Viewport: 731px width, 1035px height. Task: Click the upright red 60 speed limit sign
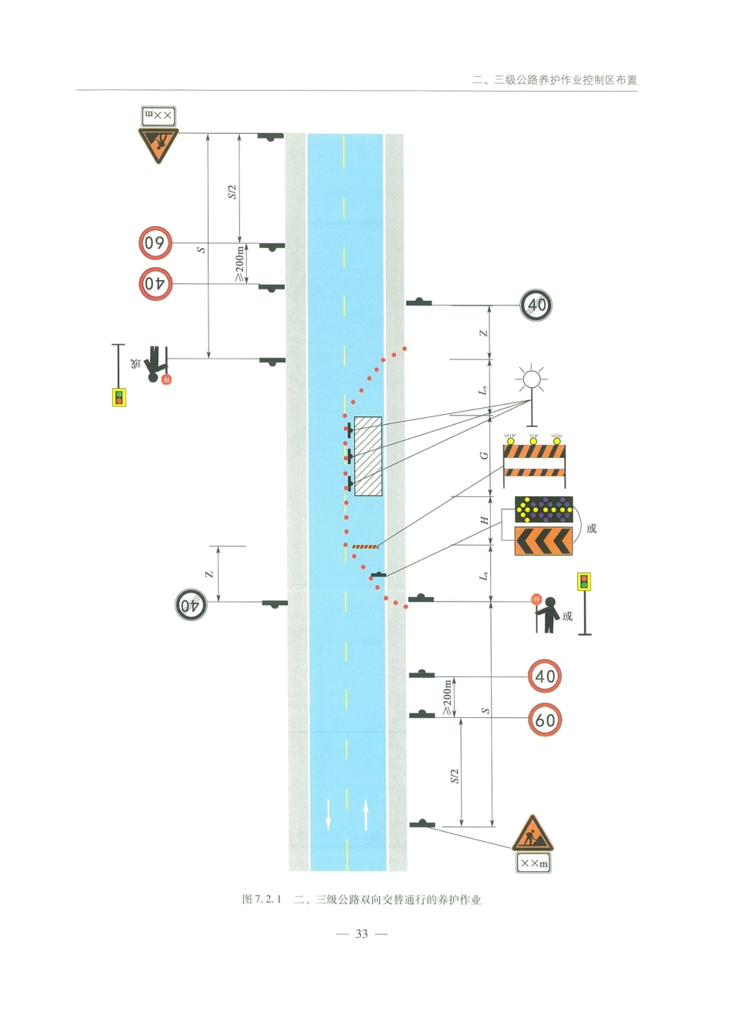pyautogui.click(x=545, y=719)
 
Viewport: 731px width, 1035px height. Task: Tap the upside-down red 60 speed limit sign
pyautogui.click(x=155, y=242)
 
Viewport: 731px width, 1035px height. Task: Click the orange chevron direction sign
pyautogui.click(x=543, y=541)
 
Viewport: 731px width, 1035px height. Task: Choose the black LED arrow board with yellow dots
pyautogui.click(x=544, y=510)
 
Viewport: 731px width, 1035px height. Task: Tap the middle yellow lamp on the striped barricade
pyautogui.click(x=533, y=441)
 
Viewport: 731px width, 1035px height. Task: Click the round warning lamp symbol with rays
pyautogui.click(x=532, y=379)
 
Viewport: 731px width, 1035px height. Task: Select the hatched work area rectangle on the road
pyautogui.click(x=368, y=456)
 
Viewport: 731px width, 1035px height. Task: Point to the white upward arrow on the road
pyautogui.click(x=365, y=815)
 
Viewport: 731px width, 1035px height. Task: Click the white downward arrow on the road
pyautogui.click(x=328, y=816)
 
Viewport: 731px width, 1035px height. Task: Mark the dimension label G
pyautogui.click(x=484, y=456)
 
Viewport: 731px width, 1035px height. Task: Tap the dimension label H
pyautogui.click(x=485, y=520)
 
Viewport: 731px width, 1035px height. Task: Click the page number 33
pyautogui.click(x=362, y=934)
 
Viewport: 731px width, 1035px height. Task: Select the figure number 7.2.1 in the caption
pyautogui.click(x=268, y=900)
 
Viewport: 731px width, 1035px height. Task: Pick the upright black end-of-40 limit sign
pyautogui.click(x=536, y=305)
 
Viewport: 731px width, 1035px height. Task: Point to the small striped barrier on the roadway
pyautogui.click(x=365, y=546)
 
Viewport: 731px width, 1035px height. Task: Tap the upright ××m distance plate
pyautogui.click(x=533, y=863)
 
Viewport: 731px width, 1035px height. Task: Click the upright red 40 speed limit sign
pyautogui.click(x=545, y=676)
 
